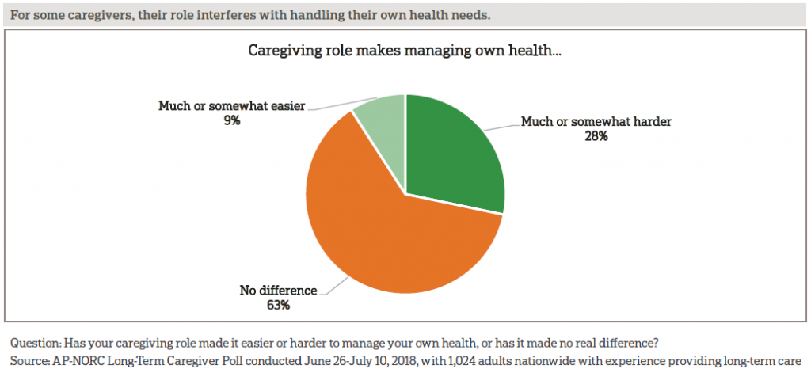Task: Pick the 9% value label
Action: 231,120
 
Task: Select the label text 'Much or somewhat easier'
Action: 231,105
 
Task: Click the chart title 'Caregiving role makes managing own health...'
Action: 405,50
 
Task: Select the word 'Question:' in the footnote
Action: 36,344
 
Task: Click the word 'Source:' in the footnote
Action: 31,359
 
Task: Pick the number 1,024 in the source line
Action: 453,359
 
